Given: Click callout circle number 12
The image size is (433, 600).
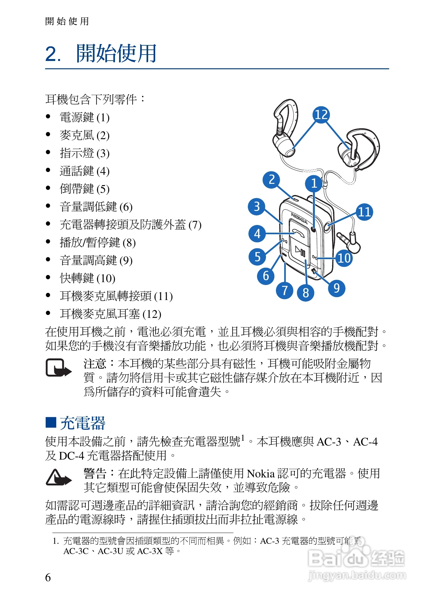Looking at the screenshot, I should pos(321,115).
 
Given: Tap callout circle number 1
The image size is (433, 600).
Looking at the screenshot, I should pos(314,183).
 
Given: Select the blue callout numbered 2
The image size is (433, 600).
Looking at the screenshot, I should pos(271,180).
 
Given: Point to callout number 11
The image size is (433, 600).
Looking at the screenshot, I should pos(364,212).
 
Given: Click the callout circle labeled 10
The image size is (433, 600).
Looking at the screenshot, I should pos(344,258).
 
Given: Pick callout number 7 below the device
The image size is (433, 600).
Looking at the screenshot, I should pos(285,290).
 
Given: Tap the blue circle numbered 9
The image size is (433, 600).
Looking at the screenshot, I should pos(337,288).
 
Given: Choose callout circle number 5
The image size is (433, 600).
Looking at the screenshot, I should pos(257,257).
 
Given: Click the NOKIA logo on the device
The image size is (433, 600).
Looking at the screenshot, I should pos(299,218).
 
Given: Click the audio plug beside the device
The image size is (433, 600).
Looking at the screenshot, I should pos(350,242).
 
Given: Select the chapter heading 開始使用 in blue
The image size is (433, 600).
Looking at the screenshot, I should pos(116,54).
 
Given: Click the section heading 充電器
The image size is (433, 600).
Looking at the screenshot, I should pos(83,423).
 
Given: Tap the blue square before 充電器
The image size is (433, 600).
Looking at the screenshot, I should pos(51,422).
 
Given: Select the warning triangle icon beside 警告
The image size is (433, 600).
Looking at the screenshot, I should pos(58,478).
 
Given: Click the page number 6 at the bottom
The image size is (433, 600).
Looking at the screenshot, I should pos(48,577).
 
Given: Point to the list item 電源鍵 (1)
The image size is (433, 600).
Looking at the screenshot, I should pos(84,117).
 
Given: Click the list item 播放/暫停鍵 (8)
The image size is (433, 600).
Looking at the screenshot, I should pos(97,243).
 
